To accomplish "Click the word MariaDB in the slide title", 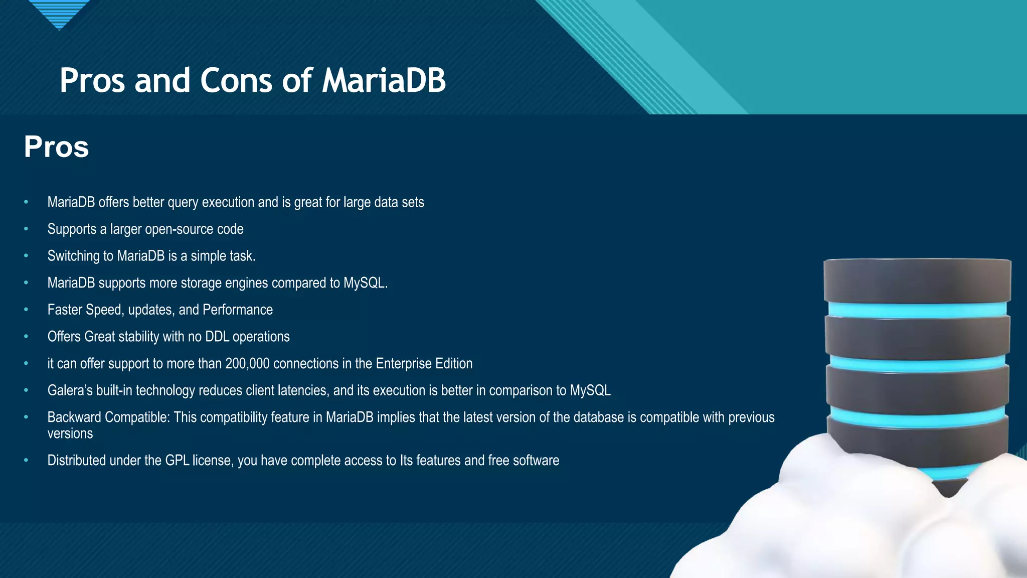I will pos(384,80).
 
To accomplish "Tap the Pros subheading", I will pos(56,147).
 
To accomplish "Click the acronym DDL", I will pos(217,337).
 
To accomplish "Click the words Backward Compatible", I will pos(108,417).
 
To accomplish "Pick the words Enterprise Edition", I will pos(424,363).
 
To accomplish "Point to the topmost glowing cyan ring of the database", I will pos(917,310).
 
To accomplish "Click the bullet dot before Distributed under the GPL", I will pos(26,460).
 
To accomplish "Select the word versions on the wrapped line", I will pos(70,434).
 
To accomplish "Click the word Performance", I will pos(238,310).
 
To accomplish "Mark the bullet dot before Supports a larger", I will pos(26,229).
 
